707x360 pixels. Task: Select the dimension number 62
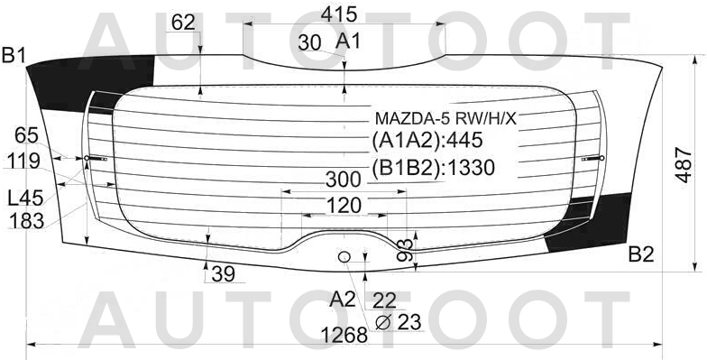183,23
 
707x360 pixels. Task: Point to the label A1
349,41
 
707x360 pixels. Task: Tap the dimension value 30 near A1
309,42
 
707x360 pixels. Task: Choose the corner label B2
640,254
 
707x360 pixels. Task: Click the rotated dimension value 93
406,249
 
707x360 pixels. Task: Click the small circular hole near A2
344,258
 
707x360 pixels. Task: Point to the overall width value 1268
344,335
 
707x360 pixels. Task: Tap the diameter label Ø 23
397,320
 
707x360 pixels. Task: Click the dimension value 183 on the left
26,221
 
